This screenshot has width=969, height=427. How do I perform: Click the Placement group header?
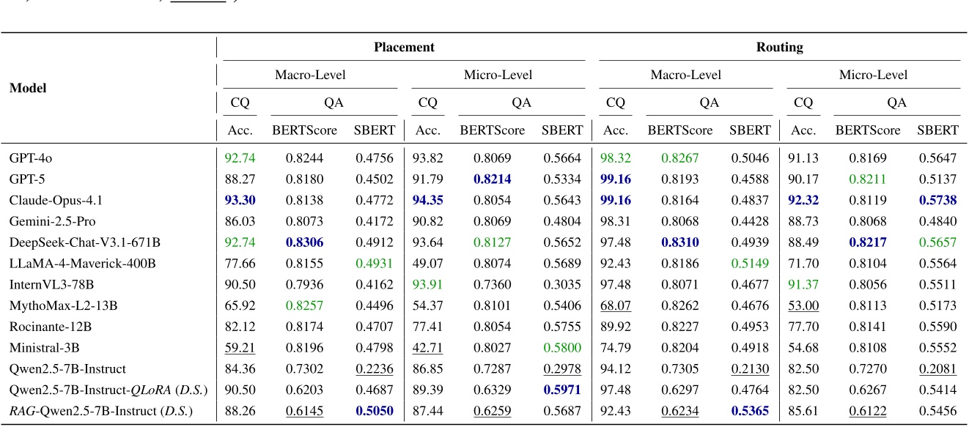tap(404, 48)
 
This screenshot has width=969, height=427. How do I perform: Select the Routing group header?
tap(779, 48)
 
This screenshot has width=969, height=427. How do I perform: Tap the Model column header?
tap(28, 88)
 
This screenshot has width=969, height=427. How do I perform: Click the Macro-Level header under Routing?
tap(685, 75)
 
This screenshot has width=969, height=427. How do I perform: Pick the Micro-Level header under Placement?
tap(498, 75)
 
